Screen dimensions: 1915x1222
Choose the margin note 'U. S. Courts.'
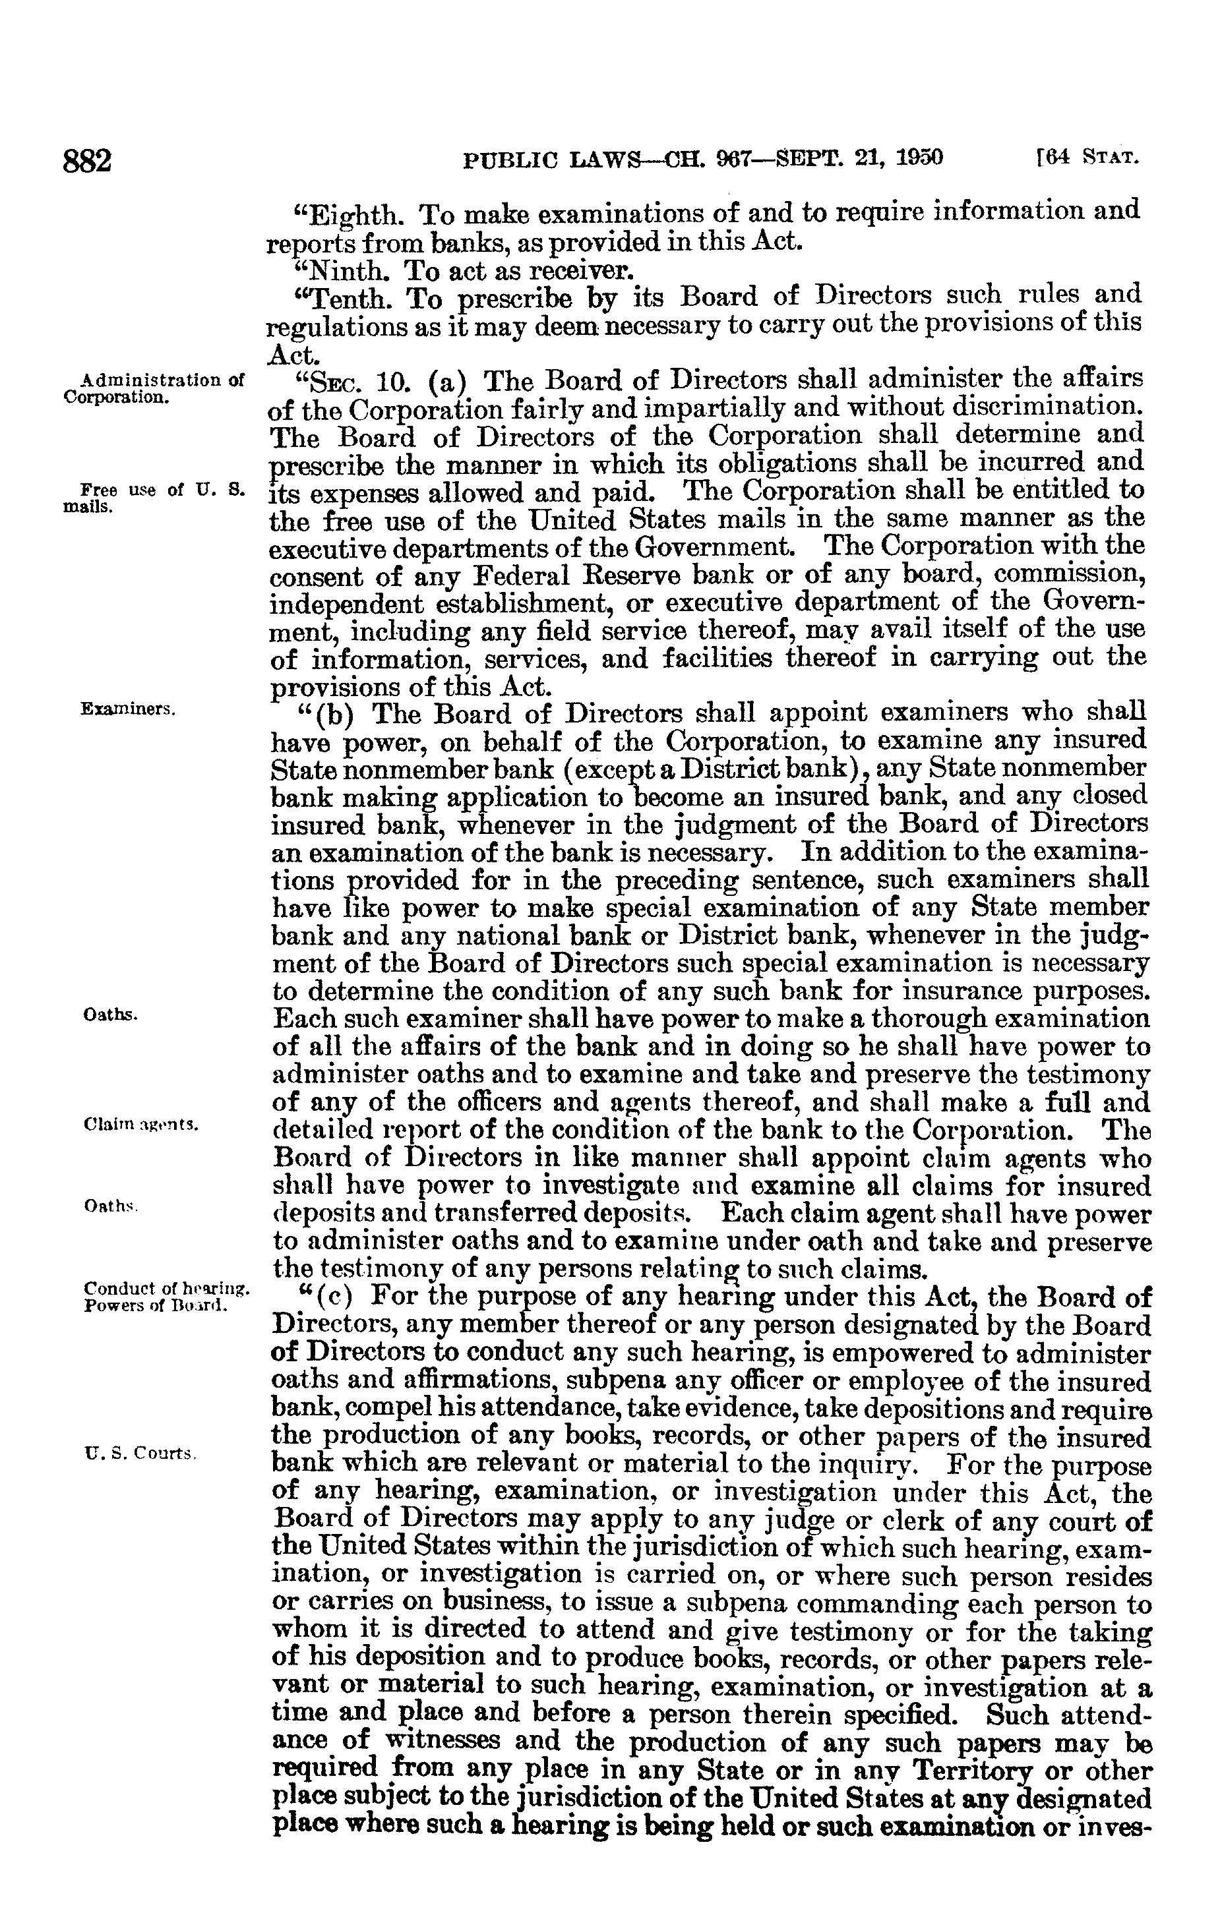pos(139,1453)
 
